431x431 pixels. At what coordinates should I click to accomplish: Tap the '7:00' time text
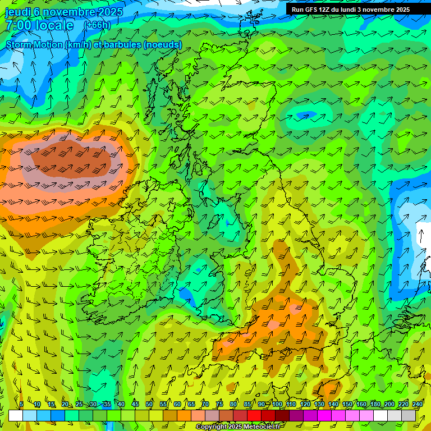tap(20, 25)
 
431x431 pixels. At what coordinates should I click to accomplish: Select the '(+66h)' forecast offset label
tap(97, 25)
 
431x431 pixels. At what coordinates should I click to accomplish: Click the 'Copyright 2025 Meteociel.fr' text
tap(238, 427)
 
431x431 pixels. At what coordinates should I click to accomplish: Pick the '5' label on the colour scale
tap(21, 405)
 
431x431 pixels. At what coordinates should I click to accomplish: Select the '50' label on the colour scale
tap(149, 405)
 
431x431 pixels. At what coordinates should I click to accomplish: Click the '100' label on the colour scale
tap(277, 405)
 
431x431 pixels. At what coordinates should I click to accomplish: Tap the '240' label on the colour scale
tap(418, 405)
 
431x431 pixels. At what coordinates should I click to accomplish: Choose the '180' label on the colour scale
tap(375, 405)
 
